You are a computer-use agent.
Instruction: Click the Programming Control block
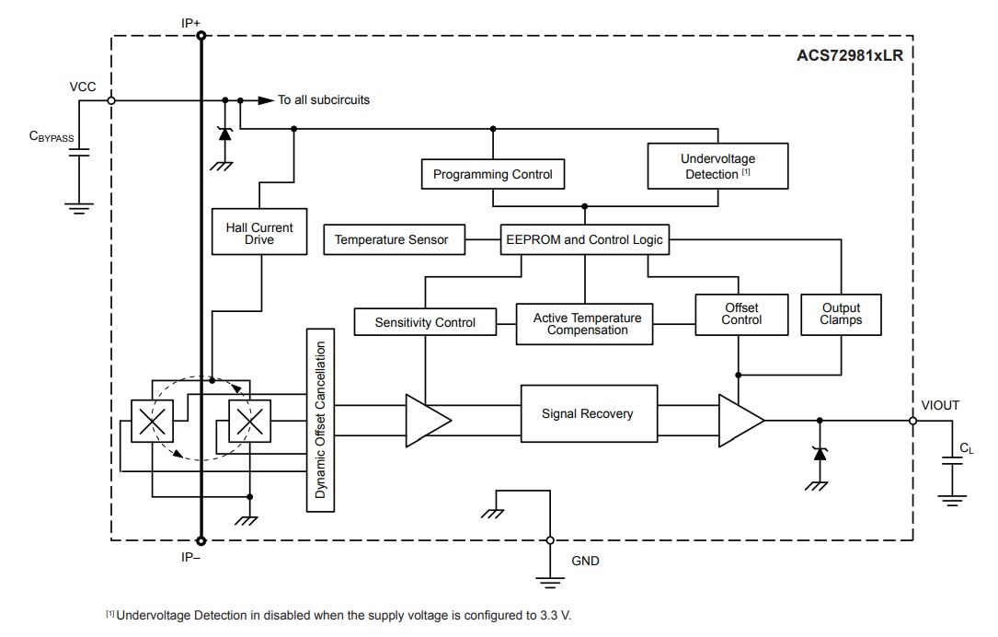pos(492,174)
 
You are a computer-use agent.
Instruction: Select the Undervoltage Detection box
pos(717,166)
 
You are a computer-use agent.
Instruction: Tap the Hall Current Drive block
pos(259,233)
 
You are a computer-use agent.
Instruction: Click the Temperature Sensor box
pos(393,240)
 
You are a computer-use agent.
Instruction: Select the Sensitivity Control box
pos(425,322)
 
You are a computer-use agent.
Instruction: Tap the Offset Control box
pos(741,313)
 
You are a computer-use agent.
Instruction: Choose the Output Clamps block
pos(841,313)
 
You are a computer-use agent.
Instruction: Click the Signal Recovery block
pos(587,414)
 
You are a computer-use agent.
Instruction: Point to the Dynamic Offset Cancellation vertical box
pos(320,420)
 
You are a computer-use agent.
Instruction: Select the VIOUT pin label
pos(940,405)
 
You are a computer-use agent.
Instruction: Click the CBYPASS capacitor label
pos(52,136)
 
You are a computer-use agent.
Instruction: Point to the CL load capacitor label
pos(966,448)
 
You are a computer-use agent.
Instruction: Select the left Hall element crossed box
pos(151,423)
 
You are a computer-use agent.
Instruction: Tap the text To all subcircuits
pos(324,99)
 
